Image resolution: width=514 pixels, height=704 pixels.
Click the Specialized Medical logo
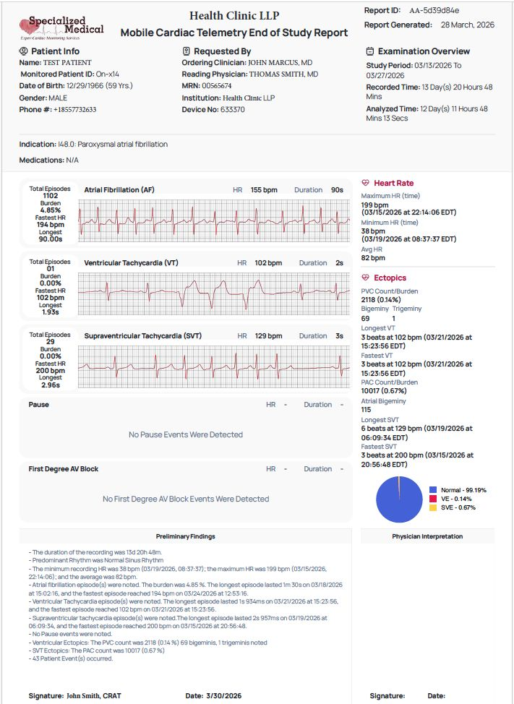[61, 27]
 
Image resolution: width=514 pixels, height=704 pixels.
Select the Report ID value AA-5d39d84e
[434, 11]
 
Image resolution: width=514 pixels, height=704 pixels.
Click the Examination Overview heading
[424, 51]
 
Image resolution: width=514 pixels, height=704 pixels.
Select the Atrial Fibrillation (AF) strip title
[119, 190]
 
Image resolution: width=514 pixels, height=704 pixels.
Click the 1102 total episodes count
[50, 196]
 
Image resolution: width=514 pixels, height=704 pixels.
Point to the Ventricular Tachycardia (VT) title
[131, 263]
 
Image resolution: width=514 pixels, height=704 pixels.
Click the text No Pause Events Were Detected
[185, 434]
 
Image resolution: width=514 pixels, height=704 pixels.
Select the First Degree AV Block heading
[64, 469]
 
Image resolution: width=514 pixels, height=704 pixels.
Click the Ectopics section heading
[390, 278]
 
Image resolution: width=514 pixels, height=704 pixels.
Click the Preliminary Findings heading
[185, 536]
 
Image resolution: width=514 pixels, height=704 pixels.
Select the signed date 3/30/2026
[224, 695]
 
